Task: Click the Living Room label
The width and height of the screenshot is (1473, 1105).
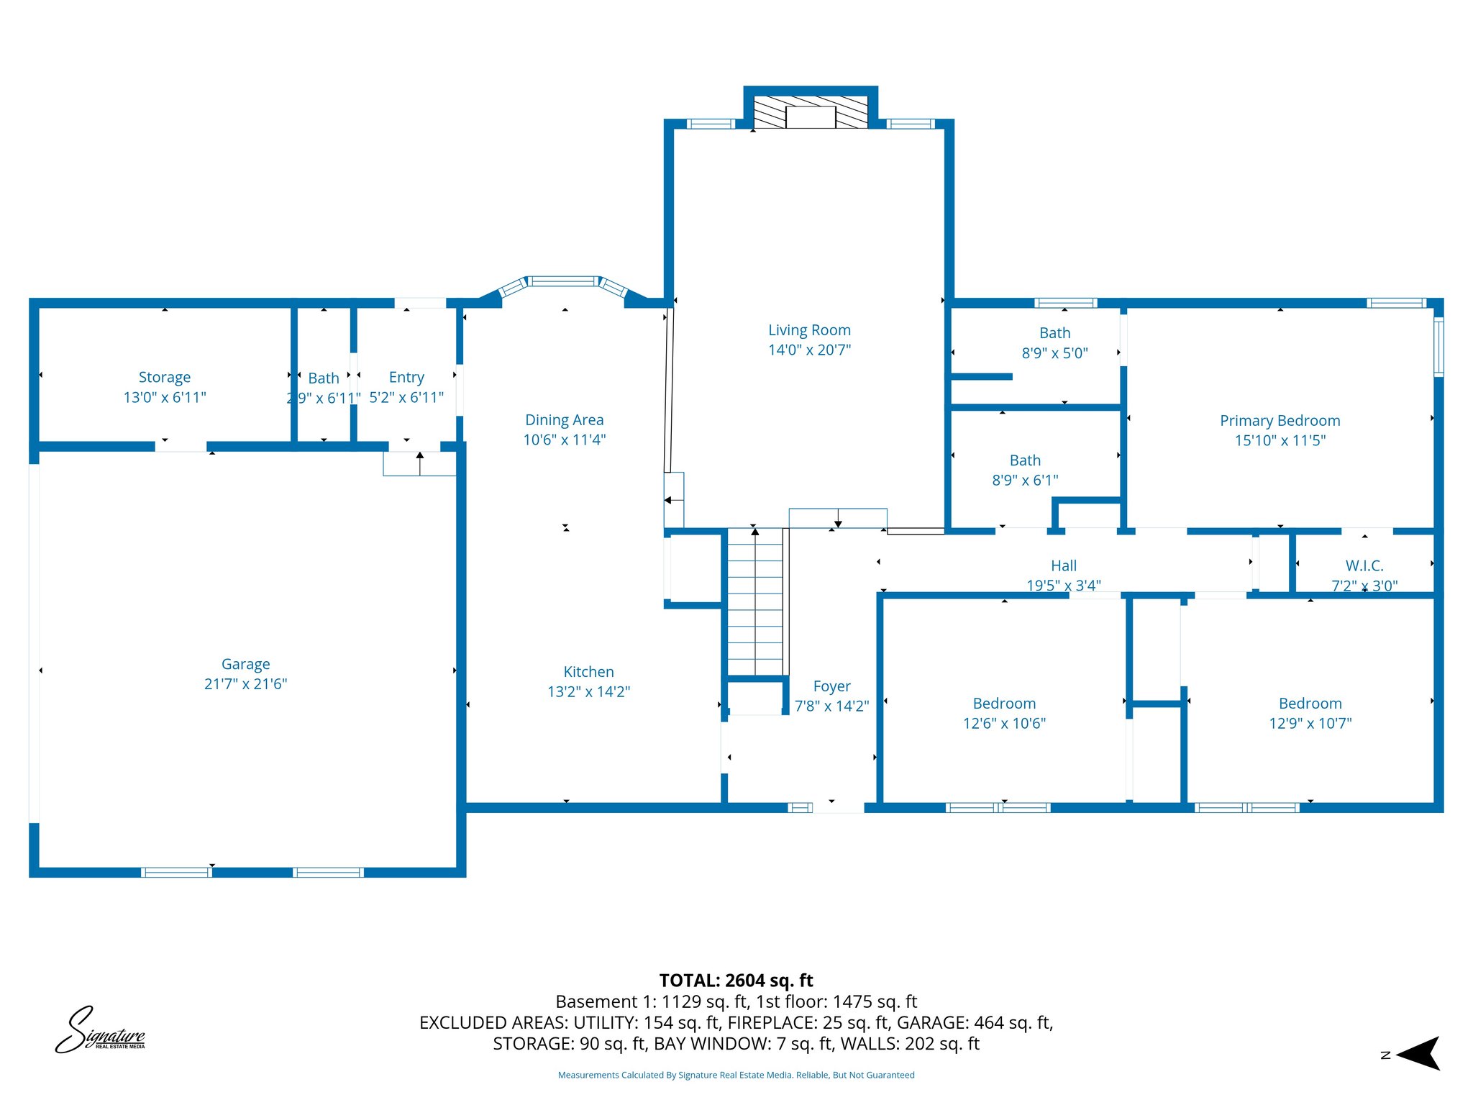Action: pyautogui.click(x=809, y=330)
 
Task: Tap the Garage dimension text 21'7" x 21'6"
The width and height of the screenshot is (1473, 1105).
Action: pyautogui.click(x=245, y=684)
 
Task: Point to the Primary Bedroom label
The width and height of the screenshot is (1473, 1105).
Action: pyautogui.click(x=1280, y=421)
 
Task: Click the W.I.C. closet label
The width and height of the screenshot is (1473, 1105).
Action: pyautogui.click(x=1364, y=566)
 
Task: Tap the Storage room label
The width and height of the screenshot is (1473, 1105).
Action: pyautogui.click(x=165, y=378)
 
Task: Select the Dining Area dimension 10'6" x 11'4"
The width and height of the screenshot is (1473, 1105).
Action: pyautogui.click(x=565, y=440)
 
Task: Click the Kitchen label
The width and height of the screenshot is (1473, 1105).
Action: pyautogui.click(x=588, y=672)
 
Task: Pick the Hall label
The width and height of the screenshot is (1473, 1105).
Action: pyautogui.click(x=1064, y=566)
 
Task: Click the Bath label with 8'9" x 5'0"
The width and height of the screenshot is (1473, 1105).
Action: pyautogui.click(x=1054, y=333)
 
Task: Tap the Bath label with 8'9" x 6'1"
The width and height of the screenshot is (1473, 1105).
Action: pyautogui.click(x=1025, y=460)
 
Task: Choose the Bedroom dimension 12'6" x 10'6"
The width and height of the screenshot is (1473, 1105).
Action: pyautogui.click(x=1004, y=724)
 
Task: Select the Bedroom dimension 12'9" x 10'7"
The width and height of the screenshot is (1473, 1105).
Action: pyautogui.click(x=1310, y=724)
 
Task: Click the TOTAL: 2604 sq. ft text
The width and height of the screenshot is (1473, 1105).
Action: pyautogui.click(x=736, y=981)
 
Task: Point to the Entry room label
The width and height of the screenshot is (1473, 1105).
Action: pyautogui.click(x=406, y=378)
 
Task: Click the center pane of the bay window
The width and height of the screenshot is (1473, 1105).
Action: pyautogui.click(x=564, y=281)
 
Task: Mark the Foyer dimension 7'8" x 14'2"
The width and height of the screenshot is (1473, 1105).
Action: pyautogui.click(x=831, y=706)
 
